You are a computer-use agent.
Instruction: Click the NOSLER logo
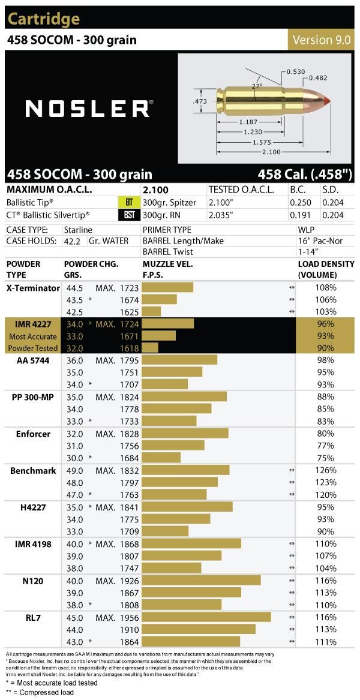pos(88,109)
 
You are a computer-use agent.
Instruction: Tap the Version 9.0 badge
pos(321,40)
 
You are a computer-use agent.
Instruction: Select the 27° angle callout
pos(257,86)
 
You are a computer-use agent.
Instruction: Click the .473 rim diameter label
pos(200,101)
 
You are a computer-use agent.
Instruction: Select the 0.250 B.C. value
pos(301,202)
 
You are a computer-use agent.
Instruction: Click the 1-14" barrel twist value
pos(308,252)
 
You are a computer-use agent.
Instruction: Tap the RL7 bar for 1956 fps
pos(206,617)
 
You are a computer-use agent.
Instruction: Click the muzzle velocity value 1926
pos(129,581)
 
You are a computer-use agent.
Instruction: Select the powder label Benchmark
pos(32,471)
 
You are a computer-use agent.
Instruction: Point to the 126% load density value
pos(325,471)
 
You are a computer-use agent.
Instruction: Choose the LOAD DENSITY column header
pos(326,269)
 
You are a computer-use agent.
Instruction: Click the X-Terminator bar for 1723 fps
pos(168,287)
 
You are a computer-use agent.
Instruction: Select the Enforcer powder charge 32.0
pos(74,434)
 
